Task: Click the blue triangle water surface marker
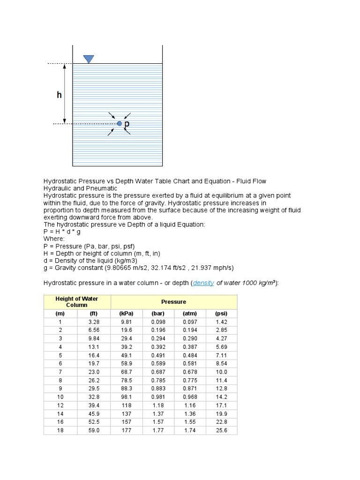tap(89, 59)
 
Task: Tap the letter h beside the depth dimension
tap(59, 95)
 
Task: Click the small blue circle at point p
tap(120, 123)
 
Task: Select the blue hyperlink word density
tap(203, 283)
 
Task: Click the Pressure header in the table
tap(173, 302)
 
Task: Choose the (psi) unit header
tap(221, 314)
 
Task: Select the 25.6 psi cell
tap(221, 430)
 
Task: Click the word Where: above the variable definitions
tap(54, 239)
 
